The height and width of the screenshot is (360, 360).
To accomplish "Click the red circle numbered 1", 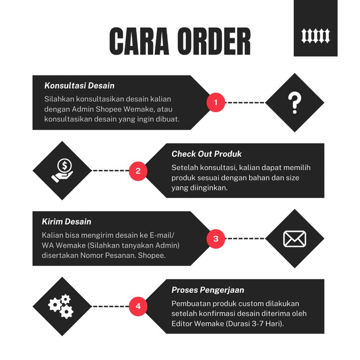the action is pyautogui.click(x=216, y=103).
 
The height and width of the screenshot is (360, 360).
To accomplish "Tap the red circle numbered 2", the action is pyautogui.click(x=138, y=171).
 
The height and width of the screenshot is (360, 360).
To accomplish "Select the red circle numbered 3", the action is pyautogui.click(x=216, y=239).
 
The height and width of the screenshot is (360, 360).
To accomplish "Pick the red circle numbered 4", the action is pyautogui.click(x=138, y=306).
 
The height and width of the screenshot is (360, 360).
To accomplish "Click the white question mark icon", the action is pyautogui.click(x=295, y=103).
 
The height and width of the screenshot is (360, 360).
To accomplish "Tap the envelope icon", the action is pyautogui.click(x=295, y=239).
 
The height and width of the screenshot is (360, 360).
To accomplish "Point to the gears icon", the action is pyautogui.click(x=61, y=306).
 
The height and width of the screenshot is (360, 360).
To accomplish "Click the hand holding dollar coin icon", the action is pyautogui.click(x=62, y=171).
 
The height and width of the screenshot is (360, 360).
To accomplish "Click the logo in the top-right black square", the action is pyautogui.click(x=315, y=35).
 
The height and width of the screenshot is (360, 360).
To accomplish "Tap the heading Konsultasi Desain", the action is pyautogui.click(x=79, y=86).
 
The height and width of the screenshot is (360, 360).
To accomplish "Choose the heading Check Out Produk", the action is pyautogui.click(x=206, y=154).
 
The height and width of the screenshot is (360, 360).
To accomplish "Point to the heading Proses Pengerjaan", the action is pyautogui.click(x=208, y=290).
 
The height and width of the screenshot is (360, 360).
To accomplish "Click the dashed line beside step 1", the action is pyautogui.click(x=245, y=103).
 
